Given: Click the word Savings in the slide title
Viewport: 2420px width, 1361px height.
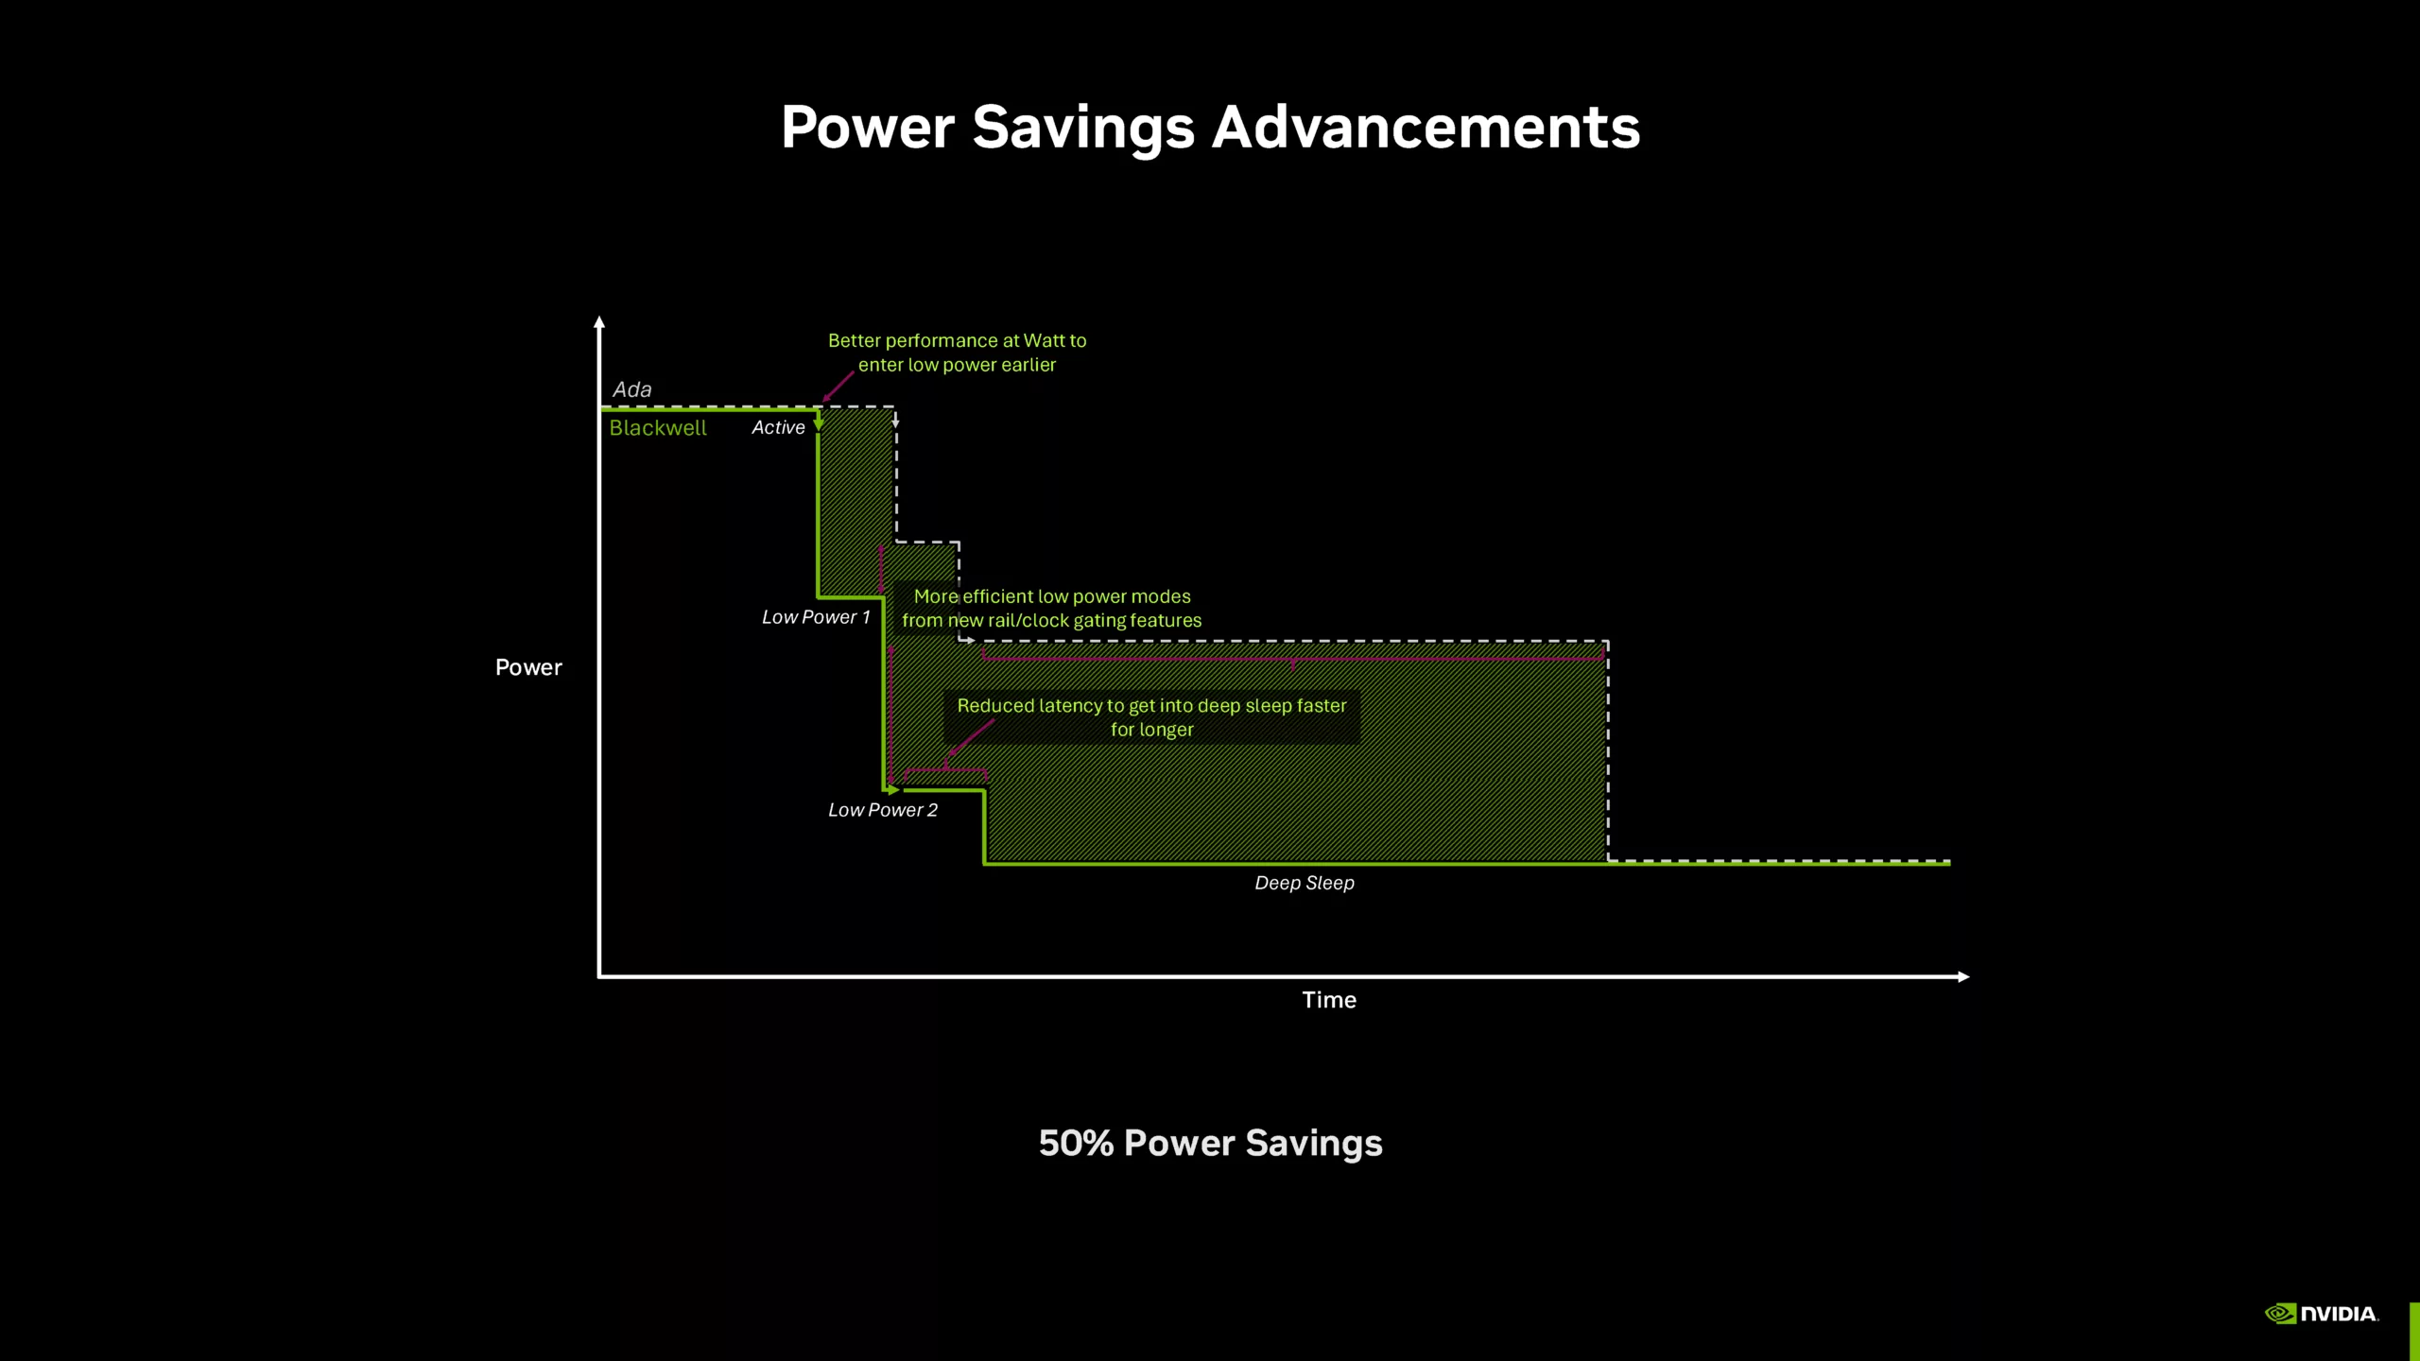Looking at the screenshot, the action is pos(1083,128).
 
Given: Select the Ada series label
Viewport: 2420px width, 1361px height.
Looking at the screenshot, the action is pos(632,389).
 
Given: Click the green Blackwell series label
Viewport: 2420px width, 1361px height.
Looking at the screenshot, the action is pos(658,428).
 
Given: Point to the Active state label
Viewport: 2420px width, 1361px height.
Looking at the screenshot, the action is pos(778,427).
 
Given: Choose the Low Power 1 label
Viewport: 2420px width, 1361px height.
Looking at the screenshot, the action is pos(816,617).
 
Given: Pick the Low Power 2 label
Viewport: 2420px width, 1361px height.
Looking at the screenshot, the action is pos(883,810).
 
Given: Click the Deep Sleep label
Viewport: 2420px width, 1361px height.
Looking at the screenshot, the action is pos(1305,883).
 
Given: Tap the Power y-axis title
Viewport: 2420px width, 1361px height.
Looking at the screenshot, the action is pos(528,667).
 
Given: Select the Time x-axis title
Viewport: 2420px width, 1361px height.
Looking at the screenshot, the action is pos(1329,1000).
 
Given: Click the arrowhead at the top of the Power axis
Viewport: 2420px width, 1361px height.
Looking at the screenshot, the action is pos(599,322).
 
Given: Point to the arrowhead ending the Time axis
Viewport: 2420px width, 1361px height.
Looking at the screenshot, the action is pos(1963,976).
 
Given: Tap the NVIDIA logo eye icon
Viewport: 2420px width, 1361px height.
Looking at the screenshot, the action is pos(2280,1314).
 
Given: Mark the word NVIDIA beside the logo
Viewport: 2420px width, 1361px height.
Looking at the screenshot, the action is pos(2339,1314).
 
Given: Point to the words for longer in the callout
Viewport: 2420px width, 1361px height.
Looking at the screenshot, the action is pos(1151,730).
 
